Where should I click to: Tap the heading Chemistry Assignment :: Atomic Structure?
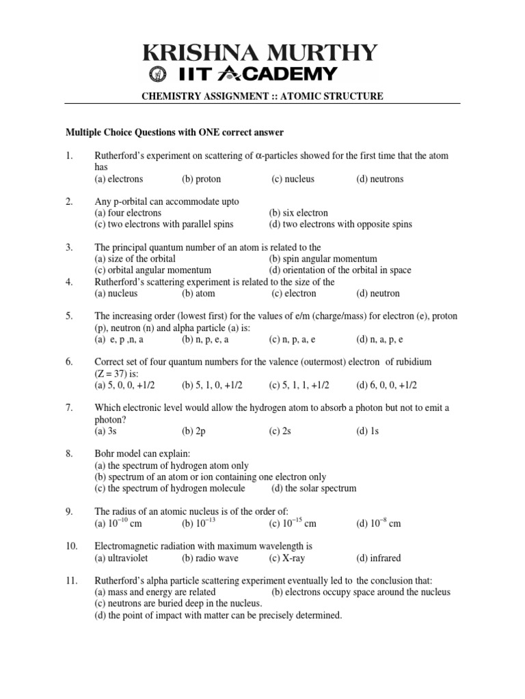pos(262,97)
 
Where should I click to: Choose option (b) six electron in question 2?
pos(298,213)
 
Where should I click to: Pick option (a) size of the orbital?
pos(135,259)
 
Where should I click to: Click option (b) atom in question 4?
pos(198,294)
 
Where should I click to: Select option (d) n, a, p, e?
pos(379,339)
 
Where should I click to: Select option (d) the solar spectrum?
pos(314,489)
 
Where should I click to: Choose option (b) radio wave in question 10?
pos(207,558)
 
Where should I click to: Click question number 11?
pos(70,580)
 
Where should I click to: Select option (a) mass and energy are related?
pos(155,592)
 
